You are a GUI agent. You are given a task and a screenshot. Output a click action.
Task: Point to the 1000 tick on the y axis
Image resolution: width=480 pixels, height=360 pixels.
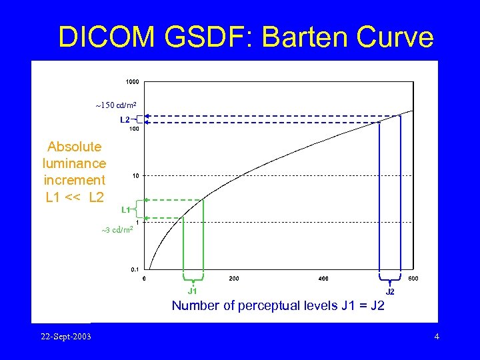point(133,82)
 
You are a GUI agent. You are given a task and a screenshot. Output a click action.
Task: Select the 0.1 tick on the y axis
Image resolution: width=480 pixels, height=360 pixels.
point(134,270)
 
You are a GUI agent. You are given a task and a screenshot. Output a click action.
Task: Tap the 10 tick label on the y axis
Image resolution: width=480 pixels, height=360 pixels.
point(135,176)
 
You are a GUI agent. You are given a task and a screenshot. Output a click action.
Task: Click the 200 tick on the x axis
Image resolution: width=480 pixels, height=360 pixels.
point(234,278)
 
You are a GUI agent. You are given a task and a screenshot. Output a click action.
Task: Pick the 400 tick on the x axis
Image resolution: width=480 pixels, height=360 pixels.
point(323,278)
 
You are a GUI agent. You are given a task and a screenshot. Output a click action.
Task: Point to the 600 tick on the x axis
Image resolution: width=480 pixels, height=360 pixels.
point(413,278)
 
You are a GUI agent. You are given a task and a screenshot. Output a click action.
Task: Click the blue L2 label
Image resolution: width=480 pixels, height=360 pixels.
point(125,120)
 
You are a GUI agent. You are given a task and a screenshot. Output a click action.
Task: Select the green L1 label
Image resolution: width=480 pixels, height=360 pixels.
point(125,209)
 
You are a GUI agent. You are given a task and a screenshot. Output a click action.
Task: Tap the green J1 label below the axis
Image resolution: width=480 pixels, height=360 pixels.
point(192,291)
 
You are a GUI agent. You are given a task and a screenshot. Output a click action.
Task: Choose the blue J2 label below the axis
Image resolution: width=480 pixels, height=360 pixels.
point(390,291)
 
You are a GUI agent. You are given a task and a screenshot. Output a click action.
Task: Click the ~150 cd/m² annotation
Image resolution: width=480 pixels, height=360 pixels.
point(117,105)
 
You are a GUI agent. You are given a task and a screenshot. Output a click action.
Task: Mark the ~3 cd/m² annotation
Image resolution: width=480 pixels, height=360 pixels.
point(118,230)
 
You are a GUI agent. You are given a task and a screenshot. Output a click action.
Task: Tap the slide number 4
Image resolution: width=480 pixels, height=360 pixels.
point(437,336)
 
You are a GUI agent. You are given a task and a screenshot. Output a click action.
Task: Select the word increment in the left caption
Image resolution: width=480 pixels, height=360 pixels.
point(74,180)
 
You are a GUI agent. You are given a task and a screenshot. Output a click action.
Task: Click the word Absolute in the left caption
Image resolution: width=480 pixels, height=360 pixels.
point(74,147)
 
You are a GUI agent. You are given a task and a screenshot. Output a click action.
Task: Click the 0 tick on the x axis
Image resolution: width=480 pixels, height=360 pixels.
point(145,278)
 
